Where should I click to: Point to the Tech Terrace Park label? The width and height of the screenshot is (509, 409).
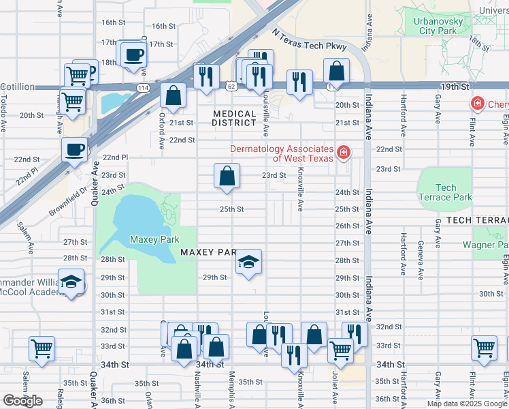click(445, 192)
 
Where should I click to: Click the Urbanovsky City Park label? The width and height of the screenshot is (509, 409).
click(439, 26)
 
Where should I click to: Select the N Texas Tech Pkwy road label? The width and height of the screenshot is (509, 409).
click(309, 40)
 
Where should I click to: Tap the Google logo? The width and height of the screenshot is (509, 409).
click(22, 401)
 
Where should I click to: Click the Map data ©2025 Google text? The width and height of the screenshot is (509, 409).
click(467, 404)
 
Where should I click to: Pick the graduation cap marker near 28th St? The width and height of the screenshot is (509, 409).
click(248, 262)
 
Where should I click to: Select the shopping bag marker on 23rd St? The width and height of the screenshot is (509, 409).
click(227, 176)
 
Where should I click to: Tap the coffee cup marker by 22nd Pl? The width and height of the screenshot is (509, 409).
click(74, 149)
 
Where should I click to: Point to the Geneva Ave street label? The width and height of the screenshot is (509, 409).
click(421, 257)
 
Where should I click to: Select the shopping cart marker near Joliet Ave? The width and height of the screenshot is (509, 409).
click(340, 350)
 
